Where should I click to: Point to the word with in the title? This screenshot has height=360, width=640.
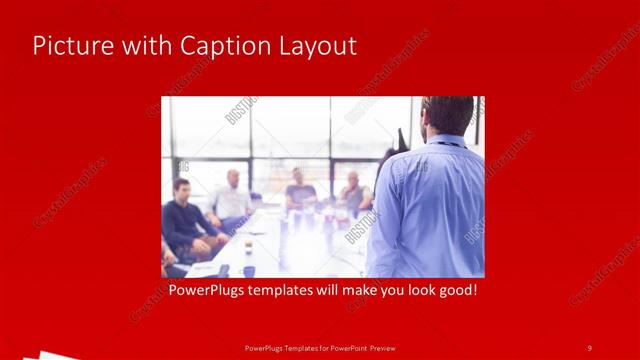point(143,46)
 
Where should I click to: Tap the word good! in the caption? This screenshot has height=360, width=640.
point(455,291)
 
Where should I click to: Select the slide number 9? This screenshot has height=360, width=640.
point(589,348)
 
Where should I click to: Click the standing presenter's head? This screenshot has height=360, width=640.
point(447,114)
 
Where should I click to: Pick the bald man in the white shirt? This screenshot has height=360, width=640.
point(231,200)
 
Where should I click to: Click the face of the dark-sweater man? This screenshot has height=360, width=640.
point(181,190)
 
